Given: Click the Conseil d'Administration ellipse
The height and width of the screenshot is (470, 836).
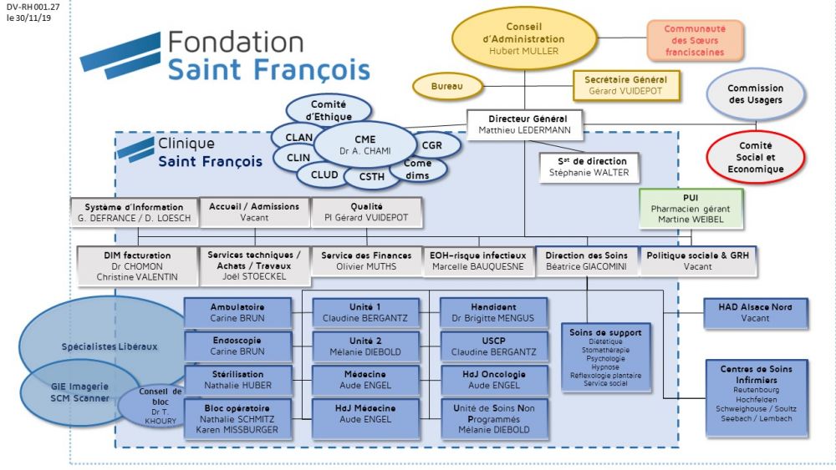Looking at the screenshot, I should [523, 38].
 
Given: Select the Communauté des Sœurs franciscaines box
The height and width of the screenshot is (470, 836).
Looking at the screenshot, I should [694, 40].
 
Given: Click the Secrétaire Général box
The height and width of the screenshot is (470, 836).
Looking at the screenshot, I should [625, 84].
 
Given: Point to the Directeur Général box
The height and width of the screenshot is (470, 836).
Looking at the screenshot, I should [523, 124].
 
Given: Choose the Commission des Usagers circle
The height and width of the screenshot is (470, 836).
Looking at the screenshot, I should [755, 94].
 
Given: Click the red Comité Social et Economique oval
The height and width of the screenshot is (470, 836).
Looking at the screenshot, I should [755, 156].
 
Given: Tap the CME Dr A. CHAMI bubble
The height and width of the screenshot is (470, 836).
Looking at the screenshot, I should [364, 144].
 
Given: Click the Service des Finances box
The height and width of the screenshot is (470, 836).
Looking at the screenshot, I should [364, 260].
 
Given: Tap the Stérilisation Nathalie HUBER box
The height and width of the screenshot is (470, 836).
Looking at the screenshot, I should [237, 380].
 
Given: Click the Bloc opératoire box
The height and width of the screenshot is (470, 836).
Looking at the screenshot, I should [237, 418].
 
